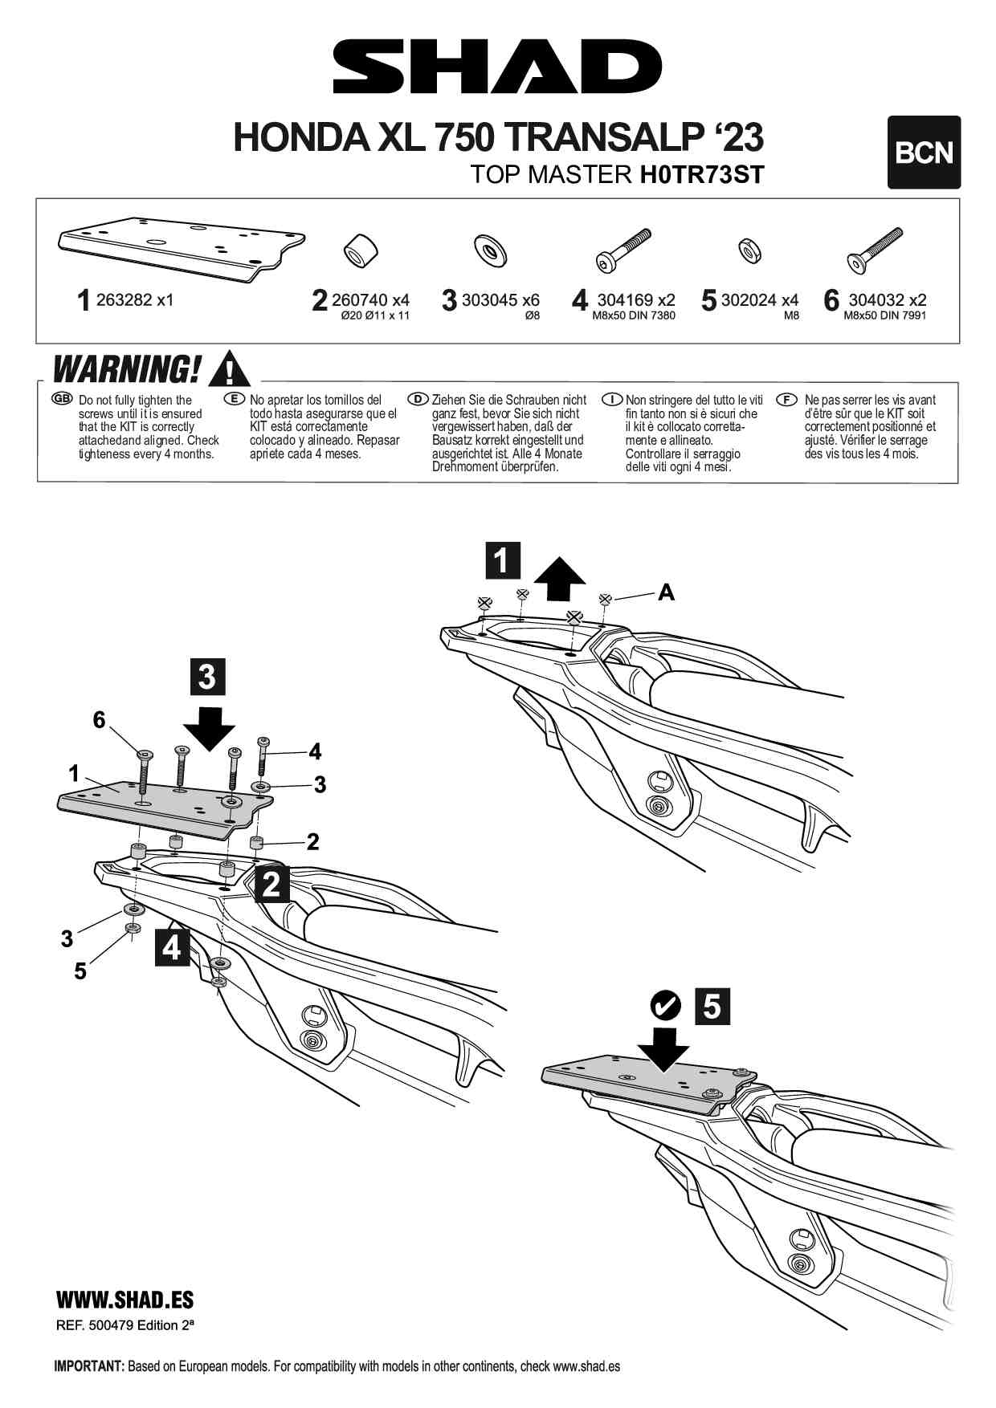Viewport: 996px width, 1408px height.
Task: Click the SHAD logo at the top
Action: [497, 67]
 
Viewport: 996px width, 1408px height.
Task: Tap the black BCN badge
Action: [924, 153]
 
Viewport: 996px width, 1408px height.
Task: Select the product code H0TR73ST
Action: [701, 174]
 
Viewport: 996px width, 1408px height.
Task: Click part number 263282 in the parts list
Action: [123, 300]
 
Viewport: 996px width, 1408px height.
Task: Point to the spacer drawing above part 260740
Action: [361, 250]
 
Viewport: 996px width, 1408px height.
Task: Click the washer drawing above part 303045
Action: [490, 250]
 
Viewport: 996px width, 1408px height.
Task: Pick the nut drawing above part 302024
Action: [750, 250]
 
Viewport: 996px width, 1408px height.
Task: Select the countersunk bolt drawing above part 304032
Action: [875, 250]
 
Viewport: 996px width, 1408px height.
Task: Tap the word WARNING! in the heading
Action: [126, 370]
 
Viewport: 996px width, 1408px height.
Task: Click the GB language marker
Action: [62, 399]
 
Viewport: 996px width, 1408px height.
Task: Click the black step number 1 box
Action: [503, 560]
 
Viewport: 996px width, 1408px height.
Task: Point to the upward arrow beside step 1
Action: [560, 580]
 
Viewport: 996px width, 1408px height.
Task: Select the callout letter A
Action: [666, 592]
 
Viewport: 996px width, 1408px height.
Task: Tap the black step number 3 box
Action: [207, 676]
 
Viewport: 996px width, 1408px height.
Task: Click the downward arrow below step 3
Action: [209, 729]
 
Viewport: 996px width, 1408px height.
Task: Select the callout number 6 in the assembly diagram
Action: [99, 720]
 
